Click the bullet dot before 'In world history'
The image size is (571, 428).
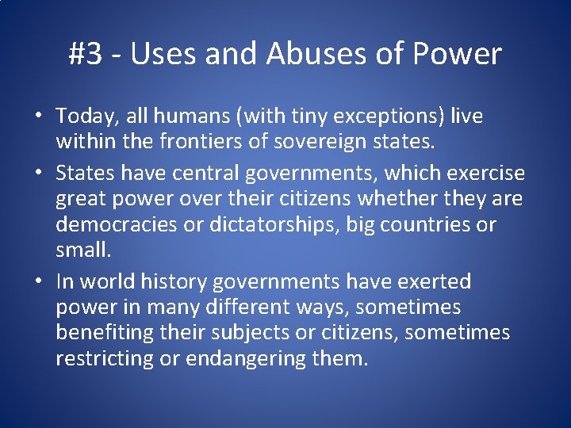(x=39, y=282)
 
